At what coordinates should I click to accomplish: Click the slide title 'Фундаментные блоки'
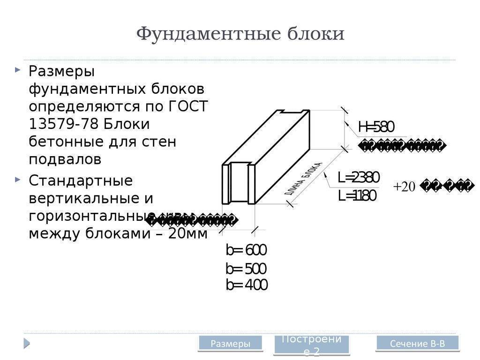click(240, 34)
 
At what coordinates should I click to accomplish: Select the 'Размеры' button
click(230, 344)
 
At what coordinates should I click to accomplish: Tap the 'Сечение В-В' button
click(417, 344)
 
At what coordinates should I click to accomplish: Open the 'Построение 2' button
click(311, 345)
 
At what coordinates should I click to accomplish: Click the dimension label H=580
click(376, 127)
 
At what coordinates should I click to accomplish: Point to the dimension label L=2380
click(358, 177)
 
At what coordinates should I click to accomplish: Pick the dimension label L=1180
click(357, 196)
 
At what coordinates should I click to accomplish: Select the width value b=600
click(246, 250)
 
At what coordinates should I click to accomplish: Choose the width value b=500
click(246, 269)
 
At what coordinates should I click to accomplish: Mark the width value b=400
click(247, 285)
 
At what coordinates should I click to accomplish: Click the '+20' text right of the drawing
click(404, 187)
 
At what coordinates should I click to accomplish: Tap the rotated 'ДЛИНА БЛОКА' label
click(303, 179)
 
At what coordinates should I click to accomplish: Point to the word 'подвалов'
click(65, 159)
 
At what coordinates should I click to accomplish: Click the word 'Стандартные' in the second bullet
click(81, 180)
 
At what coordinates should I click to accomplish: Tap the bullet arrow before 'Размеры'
click(17, 70)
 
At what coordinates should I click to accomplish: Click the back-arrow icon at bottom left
click(27, 344)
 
